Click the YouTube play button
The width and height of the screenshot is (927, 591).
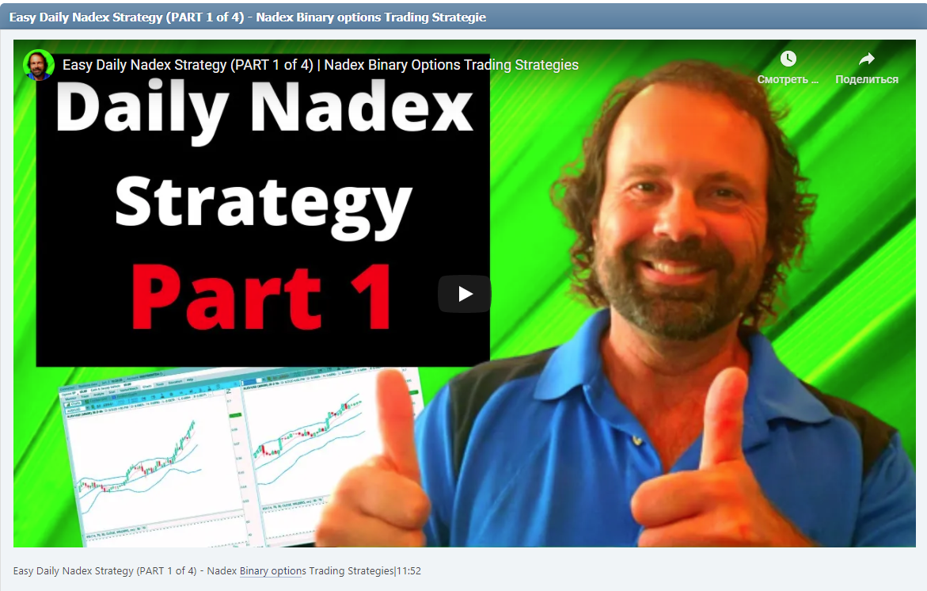click(x=465, y=294)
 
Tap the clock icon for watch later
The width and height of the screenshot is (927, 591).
click(x=788, y=59)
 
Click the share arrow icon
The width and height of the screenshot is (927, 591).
click(x=867, y=59)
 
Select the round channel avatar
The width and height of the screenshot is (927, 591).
click(x=38, y=65)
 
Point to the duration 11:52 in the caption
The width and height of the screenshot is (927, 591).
click(x=408, y=571)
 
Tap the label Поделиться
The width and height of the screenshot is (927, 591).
click(x=867, y=79)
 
